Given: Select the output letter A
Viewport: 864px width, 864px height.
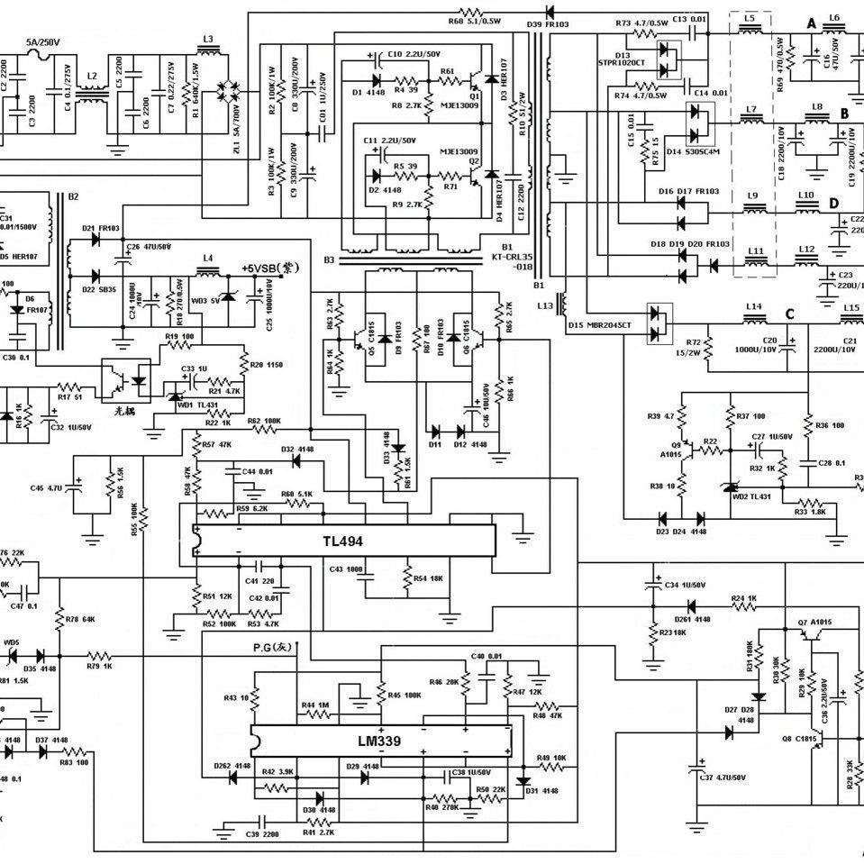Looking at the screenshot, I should point(812,24).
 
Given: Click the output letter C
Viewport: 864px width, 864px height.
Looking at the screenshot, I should point(789,314).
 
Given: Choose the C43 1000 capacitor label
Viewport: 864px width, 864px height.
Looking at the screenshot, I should point(347,569).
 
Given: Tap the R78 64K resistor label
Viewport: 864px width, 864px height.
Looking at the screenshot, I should point(82,619).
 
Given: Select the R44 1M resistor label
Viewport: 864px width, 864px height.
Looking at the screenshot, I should point(315,705).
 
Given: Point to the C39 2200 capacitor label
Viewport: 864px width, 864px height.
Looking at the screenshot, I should point(262,835).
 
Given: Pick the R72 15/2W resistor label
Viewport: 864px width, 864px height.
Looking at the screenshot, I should point(693,348).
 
